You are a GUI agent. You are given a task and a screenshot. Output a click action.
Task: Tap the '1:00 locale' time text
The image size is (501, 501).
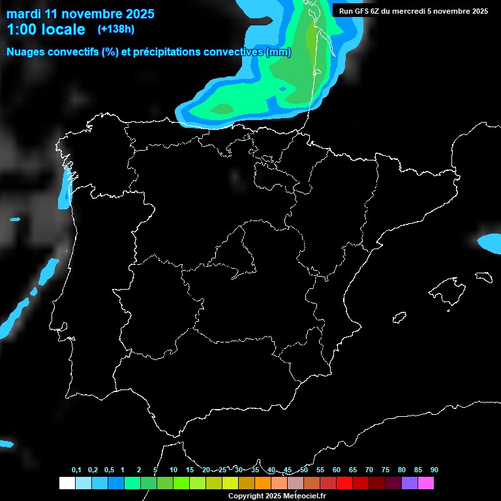tap(45, 29)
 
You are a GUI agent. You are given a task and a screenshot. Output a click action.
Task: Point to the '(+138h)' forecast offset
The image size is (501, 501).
tap(115, 29)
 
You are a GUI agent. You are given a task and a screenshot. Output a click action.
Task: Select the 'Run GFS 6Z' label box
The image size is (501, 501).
tap(413, 10)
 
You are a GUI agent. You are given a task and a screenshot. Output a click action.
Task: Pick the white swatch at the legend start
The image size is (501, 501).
tap(67, 483)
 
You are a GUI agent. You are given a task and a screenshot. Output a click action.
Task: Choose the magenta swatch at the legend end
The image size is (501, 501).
tap(425, 483)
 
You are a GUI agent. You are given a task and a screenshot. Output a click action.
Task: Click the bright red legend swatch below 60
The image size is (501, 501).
tap(344, 483)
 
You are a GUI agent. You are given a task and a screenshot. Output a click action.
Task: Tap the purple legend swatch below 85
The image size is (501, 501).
tap(409, 483)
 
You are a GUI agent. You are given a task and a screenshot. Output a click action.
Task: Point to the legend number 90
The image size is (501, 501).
tap(434, 470)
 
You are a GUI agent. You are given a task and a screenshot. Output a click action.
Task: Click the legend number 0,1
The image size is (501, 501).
tap(76, 470)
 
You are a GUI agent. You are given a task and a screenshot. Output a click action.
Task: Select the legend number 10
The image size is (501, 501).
tap(173, 470)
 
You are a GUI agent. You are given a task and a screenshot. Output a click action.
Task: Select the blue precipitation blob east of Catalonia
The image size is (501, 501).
tap(490, 243)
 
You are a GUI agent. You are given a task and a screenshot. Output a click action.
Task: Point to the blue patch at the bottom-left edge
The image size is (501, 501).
tap(6, 444)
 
